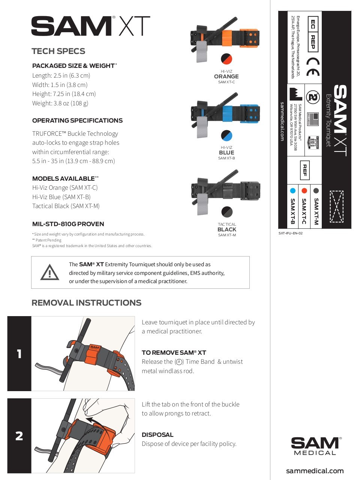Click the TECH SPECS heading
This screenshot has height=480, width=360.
coord(58,51)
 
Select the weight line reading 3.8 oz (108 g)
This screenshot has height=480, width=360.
coord(60,103)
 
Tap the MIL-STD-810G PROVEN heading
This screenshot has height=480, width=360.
coord(68,224)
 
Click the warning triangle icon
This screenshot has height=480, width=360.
coord(49,272)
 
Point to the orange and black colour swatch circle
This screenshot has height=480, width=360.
coord(226,59)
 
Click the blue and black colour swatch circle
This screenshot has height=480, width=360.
coord(226,135)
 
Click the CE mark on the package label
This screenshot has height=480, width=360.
coord(313,67)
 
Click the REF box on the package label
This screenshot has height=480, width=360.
coord(304,170)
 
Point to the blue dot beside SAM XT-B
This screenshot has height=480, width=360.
coord(293,190)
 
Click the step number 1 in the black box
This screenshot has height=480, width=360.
coord(19,354)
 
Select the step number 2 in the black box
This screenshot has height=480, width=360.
coord(19,436)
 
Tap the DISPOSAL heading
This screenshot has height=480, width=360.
coord(157,435)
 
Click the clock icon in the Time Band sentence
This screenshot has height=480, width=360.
coord(179,362)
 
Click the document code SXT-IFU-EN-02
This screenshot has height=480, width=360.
coord(291,233)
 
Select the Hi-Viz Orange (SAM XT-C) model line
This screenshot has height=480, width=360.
coord(65,187)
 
